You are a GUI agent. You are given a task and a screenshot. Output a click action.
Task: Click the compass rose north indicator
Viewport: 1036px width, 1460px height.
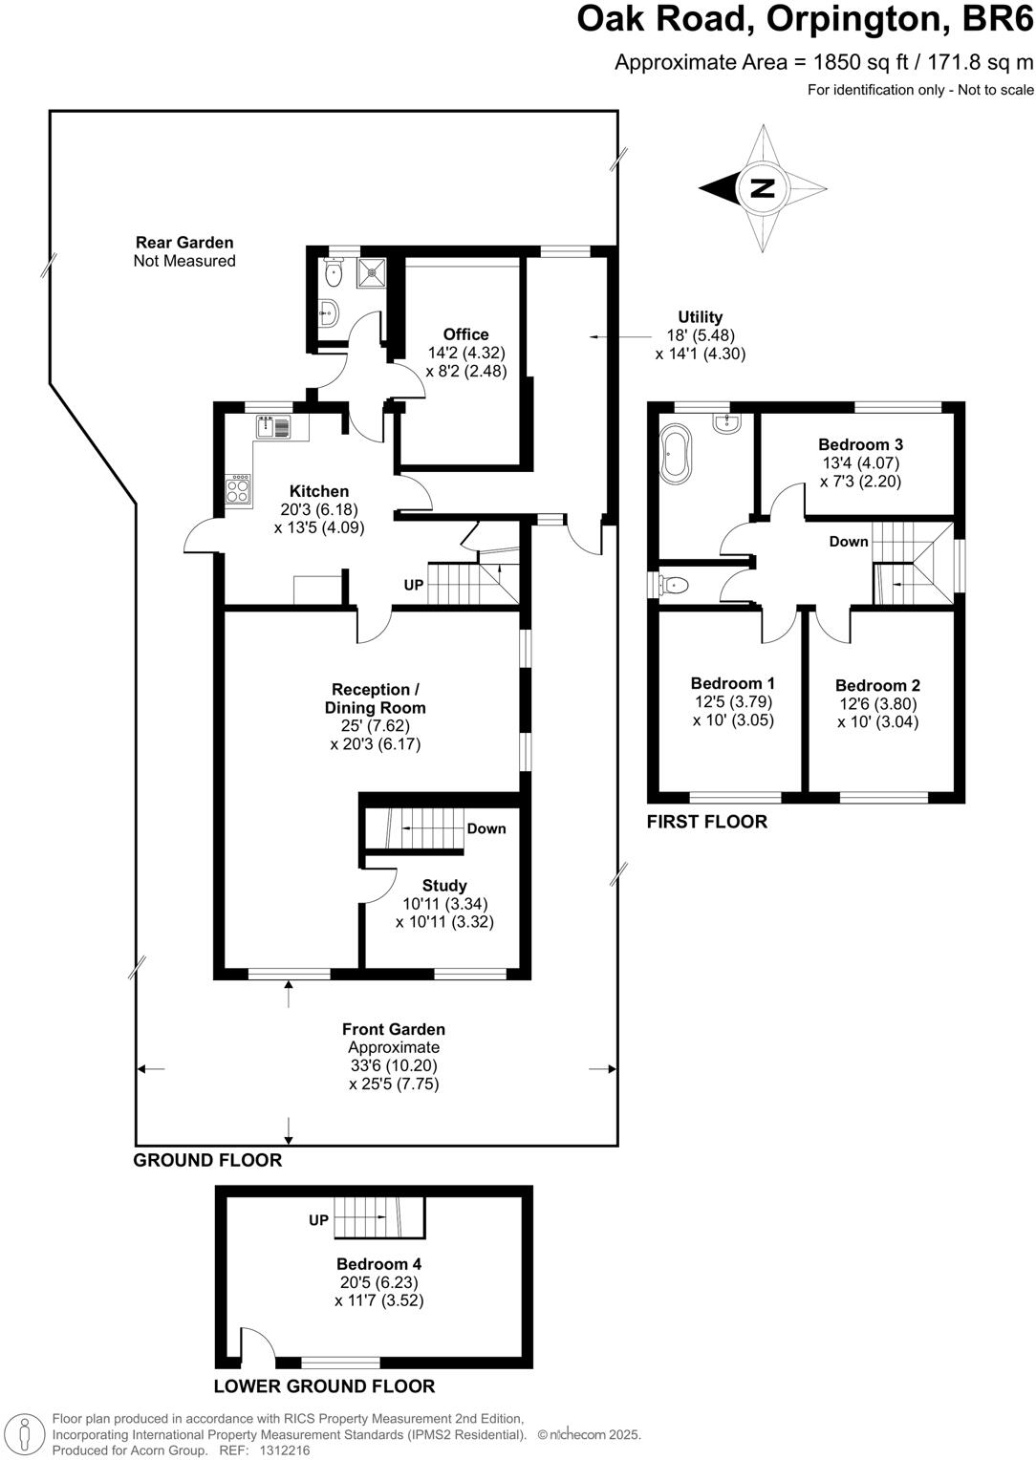pyautogui.click(x=762, y=188)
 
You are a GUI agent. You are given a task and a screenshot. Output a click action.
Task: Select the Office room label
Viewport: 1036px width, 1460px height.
pyautogui.click(x=465, y=334)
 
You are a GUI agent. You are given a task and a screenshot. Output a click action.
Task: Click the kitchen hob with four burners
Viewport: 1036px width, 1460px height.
pyautogui.click(x=239, y=489)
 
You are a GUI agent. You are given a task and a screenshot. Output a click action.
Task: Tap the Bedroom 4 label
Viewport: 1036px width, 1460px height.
pyautogui.click(x=378, y=1264)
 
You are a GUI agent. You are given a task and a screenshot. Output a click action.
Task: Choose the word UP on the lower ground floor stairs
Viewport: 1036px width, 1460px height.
pyautogui.click(x=318, y=1220)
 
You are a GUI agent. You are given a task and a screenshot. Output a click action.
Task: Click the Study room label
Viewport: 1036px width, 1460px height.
pyautogui.click(x=444, y=886)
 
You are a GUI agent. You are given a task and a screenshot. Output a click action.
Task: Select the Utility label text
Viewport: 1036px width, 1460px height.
pyautogui.click(x=700, y=317)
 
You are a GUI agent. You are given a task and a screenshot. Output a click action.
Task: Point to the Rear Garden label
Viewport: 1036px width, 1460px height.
pyautogui.click(x=184, y=243)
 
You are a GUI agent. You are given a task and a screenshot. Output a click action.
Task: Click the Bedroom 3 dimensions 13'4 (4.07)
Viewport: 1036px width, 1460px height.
pyautogui.click(x=860, y=463)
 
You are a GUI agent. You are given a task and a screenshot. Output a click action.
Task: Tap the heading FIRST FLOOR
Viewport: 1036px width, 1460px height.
pyautogui.click(x=706, y=822)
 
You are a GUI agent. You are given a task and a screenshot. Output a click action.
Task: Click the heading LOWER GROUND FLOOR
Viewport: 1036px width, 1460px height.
pyautogui.click(x=324, y=1386)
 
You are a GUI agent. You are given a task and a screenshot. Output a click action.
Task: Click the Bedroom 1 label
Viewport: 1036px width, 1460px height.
pyautogui.click(x=732, y=683)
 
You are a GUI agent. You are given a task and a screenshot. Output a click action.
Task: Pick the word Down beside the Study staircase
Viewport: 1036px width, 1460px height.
pyautogui.click(x=486, y=828)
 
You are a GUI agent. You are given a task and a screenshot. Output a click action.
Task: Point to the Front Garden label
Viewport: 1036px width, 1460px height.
pyautogui.click(x=394, y=1029)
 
